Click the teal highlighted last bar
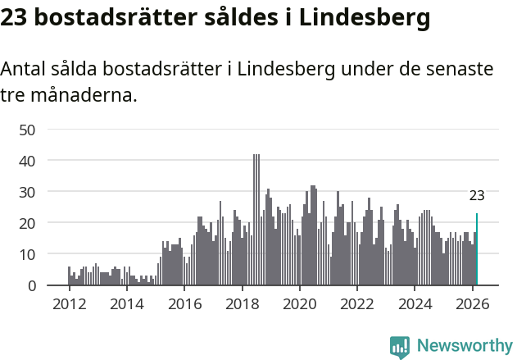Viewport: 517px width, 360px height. [x=477, y=250]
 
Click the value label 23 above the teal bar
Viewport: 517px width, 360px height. [x=477, y=195]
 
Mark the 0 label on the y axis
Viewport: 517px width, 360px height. [x=31, y=285]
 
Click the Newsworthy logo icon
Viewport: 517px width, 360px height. [x=400, y=347]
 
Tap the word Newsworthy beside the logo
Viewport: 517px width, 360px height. [x=464, y=346]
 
